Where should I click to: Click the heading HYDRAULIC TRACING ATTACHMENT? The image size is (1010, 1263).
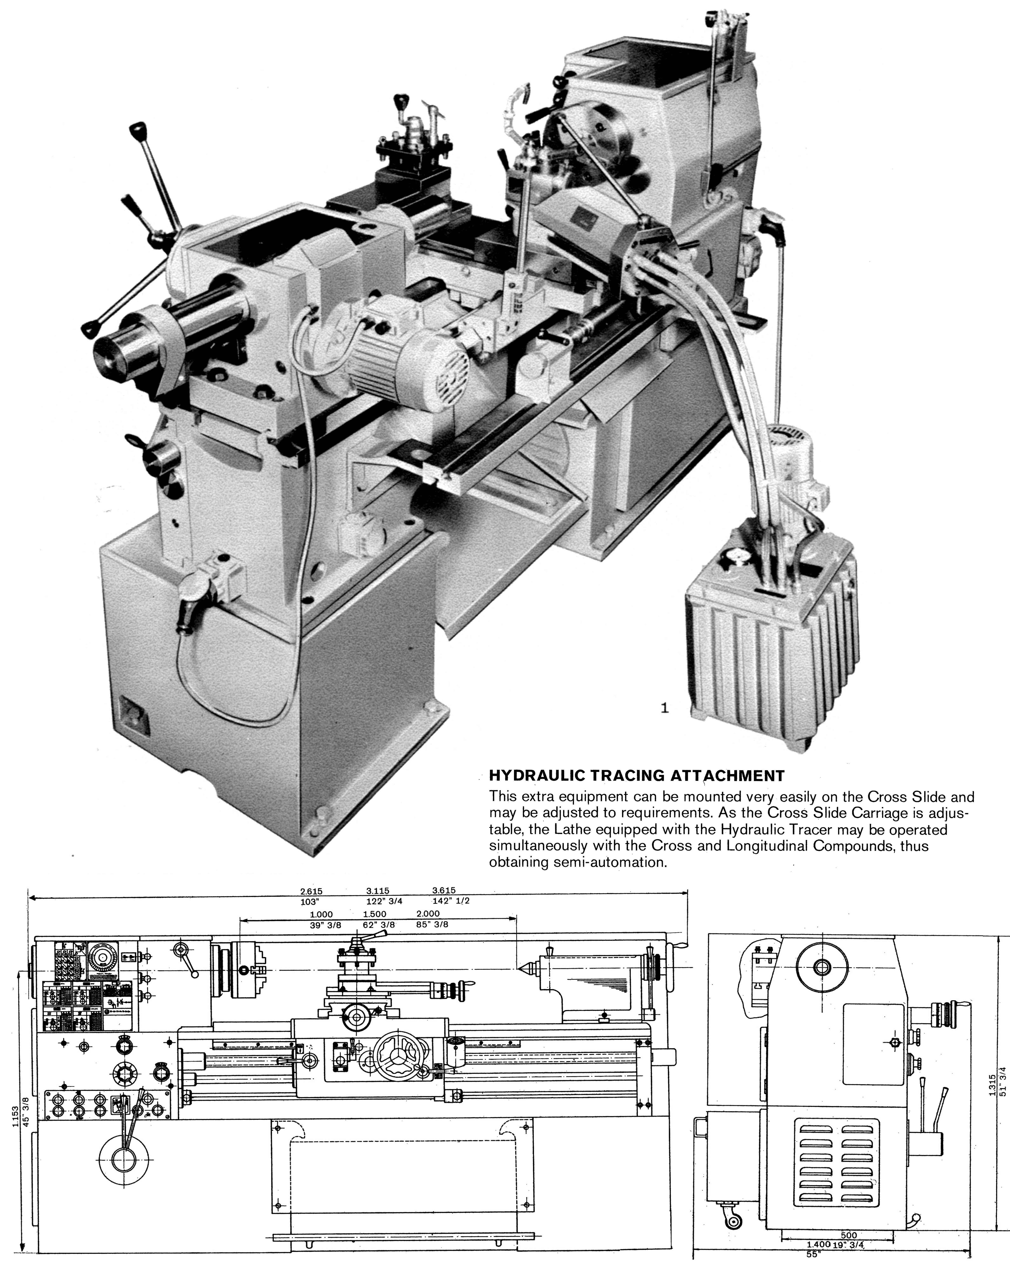[x=636, y=776]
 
